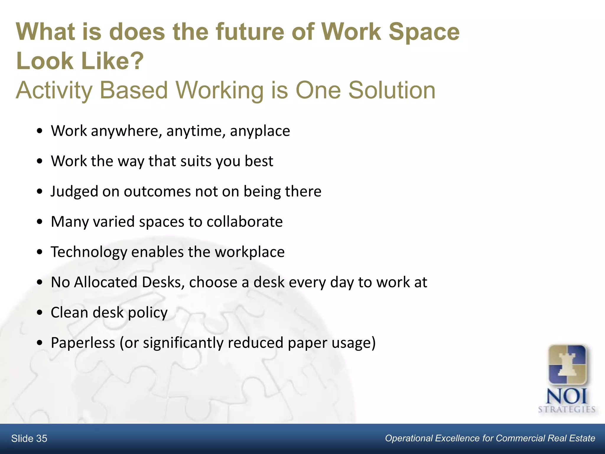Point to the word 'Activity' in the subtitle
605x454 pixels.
tap(54, 90)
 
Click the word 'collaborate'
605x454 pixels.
tap(245, 222)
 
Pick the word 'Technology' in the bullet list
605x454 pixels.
tap(89, 252)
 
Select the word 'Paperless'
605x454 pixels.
tap(83, 343)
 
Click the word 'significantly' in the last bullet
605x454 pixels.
tap(183, 343)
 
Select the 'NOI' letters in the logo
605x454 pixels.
tap(567, 397)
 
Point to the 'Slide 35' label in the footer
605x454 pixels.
tap(29, 439)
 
